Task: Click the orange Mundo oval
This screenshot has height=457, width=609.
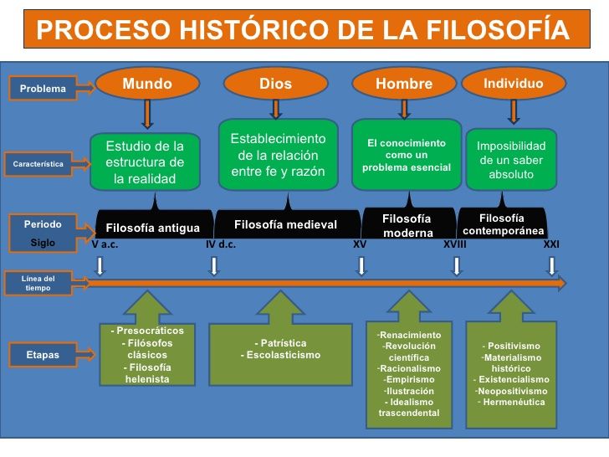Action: click(x=147, y=83)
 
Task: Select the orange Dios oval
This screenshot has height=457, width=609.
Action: click(x=276, y=83)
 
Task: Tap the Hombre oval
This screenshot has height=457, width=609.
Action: click(x=404, y=83)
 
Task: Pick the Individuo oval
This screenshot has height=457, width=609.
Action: click(x=514, y=83)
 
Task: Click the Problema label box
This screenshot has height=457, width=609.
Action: click(x=43, y=88)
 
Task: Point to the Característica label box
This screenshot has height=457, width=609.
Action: click(x=38, y=164)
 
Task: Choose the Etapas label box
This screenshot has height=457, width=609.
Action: click(x=43, y=354)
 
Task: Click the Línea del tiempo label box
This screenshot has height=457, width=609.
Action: click(x=38, y=283)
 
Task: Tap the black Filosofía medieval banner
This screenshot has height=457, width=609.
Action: click(x=288, y=223)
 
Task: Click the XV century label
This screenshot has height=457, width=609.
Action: click(x=360, y=244)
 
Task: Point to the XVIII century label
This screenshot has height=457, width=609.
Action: click(x=455, y=244)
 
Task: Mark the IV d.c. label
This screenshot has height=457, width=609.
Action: click(x=221, y=244)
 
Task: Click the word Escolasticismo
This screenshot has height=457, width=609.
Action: click(x=284, y=355)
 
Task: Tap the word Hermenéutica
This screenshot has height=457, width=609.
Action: click(x=514, y=403)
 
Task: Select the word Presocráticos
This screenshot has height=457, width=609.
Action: click(x=150, y=331)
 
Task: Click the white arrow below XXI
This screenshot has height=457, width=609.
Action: click(x=551, y=266)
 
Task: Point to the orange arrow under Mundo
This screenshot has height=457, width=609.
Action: click(x=147, y=114)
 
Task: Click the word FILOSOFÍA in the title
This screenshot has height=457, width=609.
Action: click(x=499, y=29)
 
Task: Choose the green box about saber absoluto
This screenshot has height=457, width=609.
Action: click(x=511, y=160)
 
